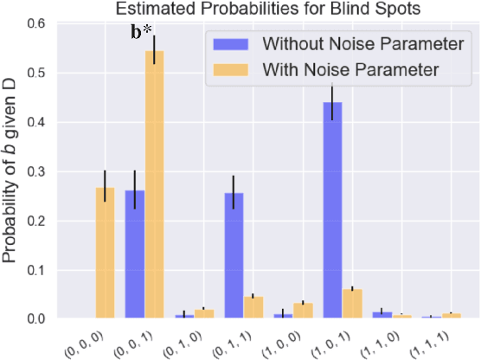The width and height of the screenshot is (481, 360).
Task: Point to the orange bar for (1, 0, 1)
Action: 353,303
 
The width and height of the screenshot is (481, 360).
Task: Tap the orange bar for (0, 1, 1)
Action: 253,306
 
